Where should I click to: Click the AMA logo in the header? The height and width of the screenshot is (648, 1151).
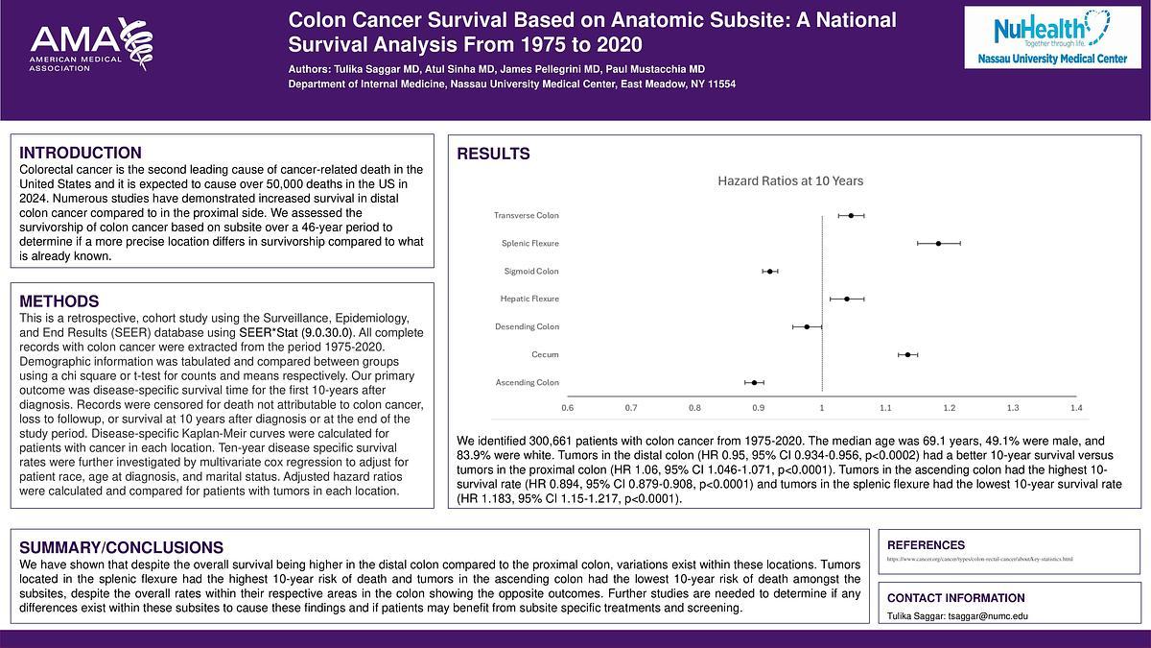click(91, 47)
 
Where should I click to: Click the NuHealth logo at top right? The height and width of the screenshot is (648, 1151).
click(1051, 37)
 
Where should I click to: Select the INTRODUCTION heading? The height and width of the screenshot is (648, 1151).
click(81, 153)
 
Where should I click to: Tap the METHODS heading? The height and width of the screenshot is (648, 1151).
click(59, 301)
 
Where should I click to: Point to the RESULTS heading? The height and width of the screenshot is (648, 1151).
click(493, 155)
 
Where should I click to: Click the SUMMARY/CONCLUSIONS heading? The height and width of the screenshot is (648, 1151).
click(122, 547)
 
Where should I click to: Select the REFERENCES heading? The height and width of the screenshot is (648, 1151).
click(926, 545)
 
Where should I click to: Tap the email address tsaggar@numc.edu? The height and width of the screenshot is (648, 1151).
click(988, 615)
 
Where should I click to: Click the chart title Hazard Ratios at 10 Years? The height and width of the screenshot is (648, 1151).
click(790, 180)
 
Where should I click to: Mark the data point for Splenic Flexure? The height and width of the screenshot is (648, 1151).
click(938, 244)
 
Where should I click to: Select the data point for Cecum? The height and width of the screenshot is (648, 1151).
click(907, 355)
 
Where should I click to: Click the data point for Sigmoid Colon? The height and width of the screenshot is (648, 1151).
click(770, 272)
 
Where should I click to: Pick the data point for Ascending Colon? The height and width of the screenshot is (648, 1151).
click(755, 383)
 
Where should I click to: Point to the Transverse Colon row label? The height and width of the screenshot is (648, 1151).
click(526, 216)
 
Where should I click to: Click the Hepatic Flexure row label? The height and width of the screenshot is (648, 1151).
click(529, 300)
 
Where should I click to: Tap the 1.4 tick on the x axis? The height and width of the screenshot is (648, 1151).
click(1076, 408)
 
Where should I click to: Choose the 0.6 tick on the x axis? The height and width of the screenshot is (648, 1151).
click(568, 408)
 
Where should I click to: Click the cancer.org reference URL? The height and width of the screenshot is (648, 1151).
click(979, 559)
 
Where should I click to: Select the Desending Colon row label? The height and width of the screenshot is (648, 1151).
click(527, 327)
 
